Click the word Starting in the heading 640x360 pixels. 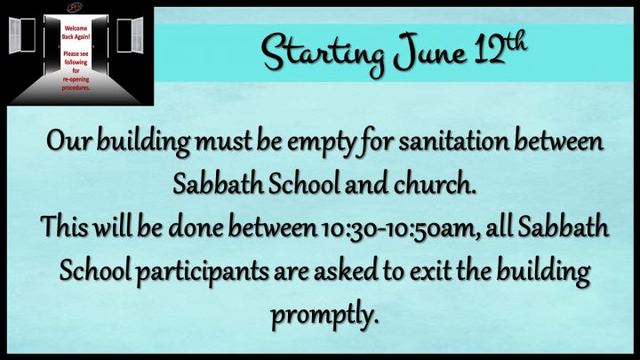(x=323, y=56)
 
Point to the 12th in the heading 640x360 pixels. (x=500, y=48)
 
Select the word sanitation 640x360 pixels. (x=453, y=141)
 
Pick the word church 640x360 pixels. (x=435, y=184)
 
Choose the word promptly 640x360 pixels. (x=323, y=316)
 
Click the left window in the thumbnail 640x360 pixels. (x=22, y=35)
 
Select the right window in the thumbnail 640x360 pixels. (x=130, y=35)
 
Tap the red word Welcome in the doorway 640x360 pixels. (x=76, y=28)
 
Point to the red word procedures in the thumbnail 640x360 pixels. (x=76, y=88)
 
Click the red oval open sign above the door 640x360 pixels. (x=75, y=7)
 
